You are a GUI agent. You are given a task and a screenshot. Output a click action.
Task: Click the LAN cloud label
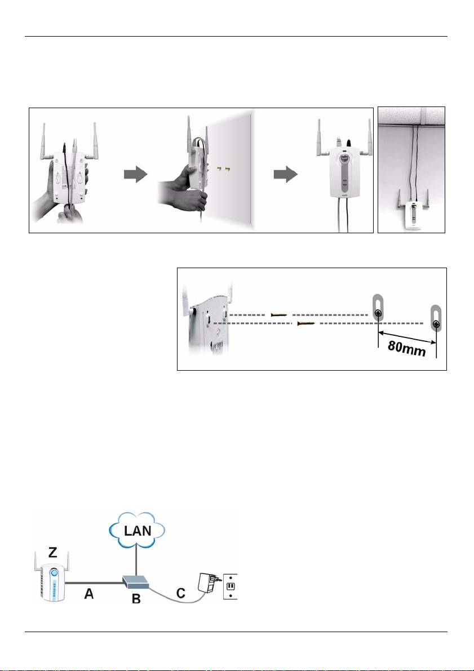tap(137, 531)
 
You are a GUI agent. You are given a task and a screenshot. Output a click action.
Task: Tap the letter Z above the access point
tap(52, 552)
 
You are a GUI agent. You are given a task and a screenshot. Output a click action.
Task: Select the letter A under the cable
tap(88, 594)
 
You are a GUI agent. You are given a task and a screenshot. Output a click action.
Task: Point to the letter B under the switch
tap(136, 598)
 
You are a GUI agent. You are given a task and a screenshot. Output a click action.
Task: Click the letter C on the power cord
tap(181, 593)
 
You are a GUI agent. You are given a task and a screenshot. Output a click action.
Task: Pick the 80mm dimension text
tap(407, 349)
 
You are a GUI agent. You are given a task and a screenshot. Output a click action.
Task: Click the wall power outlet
tap(231, 586)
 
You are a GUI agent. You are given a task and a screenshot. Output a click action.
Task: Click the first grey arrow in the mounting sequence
tap(136, 175)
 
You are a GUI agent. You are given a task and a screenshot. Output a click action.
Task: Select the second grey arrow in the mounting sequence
tap(286, 175)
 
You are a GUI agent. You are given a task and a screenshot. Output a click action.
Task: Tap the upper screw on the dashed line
tap(279, 315)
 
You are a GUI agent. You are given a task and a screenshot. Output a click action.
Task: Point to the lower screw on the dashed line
tap(306, 323)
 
